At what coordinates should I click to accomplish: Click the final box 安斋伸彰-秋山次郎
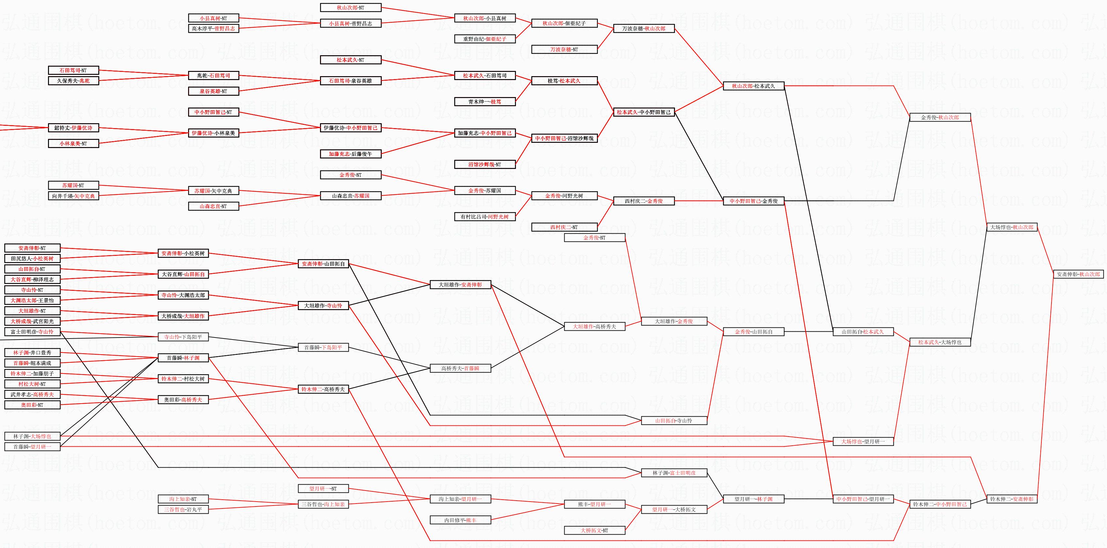(x=1078, y=274)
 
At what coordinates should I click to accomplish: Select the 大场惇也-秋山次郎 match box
(x=1011, y=227)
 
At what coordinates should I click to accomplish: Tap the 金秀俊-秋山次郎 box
(x=940, y=117)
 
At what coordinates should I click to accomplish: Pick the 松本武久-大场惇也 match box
(x=940, y=342)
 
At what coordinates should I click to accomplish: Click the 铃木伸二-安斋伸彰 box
(x=1011, y=499)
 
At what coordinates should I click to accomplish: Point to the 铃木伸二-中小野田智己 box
(x=940, y=504)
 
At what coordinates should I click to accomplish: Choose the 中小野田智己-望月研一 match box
(x=863, y=499)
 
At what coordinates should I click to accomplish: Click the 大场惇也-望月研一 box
(x=863, y=441)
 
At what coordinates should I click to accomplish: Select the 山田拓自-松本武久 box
(x=863, y=332)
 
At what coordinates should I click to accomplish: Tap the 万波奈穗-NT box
(x=564, y=49)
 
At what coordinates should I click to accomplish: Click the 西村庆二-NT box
(x=564, y=227)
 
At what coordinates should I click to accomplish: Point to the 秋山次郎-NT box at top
(x=351, y=8)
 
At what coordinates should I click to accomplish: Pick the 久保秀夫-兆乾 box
(x=73, y=80)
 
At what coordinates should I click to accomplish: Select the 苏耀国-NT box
(x=73, y=185)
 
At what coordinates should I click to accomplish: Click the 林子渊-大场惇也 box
(x=32, y=436)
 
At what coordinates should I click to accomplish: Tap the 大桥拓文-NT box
(x=594, y=530)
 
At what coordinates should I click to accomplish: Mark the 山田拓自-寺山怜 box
(x=674, y=421)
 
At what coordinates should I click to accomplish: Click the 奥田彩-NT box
(x=32, y=405)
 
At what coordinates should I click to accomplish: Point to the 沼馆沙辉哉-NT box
(x=485, y=164)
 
